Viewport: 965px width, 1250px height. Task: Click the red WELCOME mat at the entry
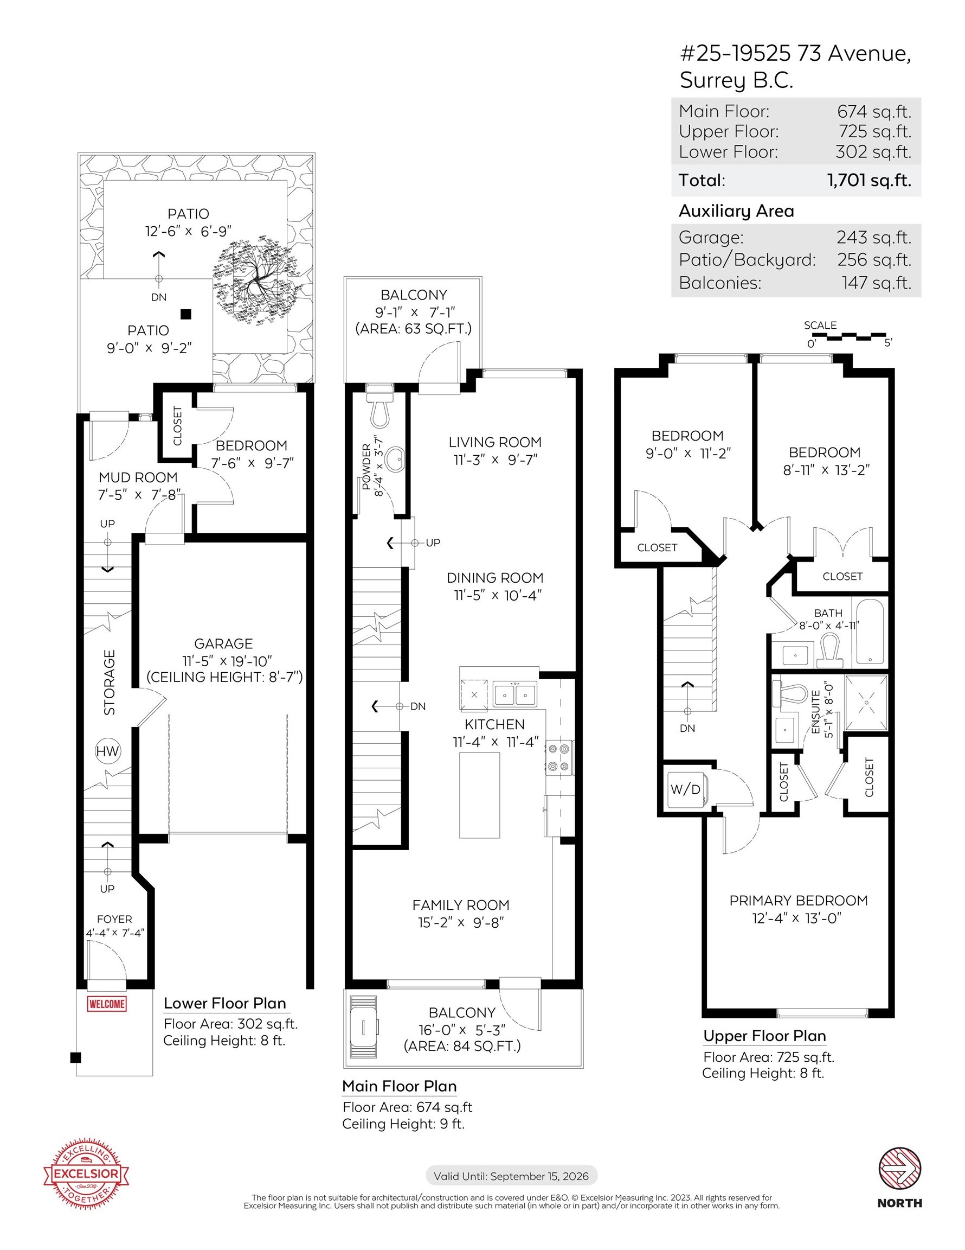[x=106, y=1003]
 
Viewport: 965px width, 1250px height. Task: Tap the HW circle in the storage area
[x=107, y=751]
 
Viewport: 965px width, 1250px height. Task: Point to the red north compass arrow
[x=900, y=1168]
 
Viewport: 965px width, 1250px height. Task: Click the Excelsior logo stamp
[x=86, y=1173]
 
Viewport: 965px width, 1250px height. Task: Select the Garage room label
[x=224, y=643]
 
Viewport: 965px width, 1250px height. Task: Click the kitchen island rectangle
[x=479, y=795]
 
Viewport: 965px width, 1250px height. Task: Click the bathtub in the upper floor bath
[x=870, y=632]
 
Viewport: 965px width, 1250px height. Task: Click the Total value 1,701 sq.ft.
[x=869, y=180]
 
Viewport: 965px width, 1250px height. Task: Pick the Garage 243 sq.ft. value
[x=873, y=237]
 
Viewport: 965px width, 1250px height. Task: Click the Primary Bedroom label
[x=799, y=900]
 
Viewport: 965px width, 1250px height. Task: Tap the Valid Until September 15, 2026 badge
[x=511, y=1176]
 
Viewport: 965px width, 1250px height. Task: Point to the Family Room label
[x=461, y=905]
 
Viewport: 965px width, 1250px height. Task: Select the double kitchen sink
[x=515, y=694]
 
